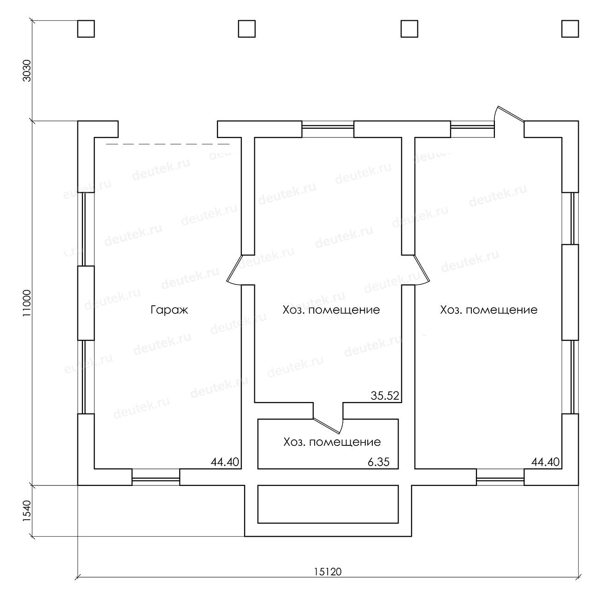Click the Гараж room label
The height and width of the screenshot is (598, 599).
pyautogui.click(x=170, y=310)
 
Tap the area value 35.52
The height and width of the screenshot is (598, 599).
pyautogui.click(x=385, y=396)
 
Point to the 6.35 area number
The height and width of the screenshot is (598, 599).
pyautogui.click(x=379, y=462)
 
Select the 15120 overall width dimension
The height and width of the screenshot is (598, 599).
pyautogui.click(x=328, y=580)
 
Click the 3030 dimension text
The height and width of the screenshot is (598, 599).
pyautogui.click(x=27, y=71)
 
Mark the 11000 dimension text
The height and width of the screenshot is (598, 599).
pyautogui.click(x=27, y=303)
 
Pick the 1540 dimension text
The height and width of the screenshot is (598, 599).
pyautogui.click(x=27, y=511)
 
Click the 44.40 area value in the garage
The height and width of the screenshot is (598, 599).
pyautogui.click(x=225, y=462)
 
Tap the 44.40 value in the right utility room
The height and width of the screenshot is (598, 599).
pyautogui.click(x=546, y=462)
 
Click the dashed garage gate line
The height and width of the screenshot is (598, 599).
pyautogui.click(x=168, y=144)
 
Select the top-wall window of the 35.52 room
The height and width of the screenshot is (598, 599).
pyautogui.click(x=328, y=129)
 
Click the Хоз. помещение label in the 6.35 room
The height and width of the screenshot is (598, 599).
pyautogui.click(x=332, y=442)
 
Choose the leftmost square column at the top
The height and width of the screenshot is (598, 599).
pyautogui.click(x=86, y=29)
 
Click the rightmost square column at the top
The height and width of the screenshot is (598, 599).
pyautogui.click(x=570, y=29)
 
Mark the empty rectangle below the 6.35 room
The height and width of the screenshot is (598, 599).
pyautogui.click(x=328, y=504)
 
